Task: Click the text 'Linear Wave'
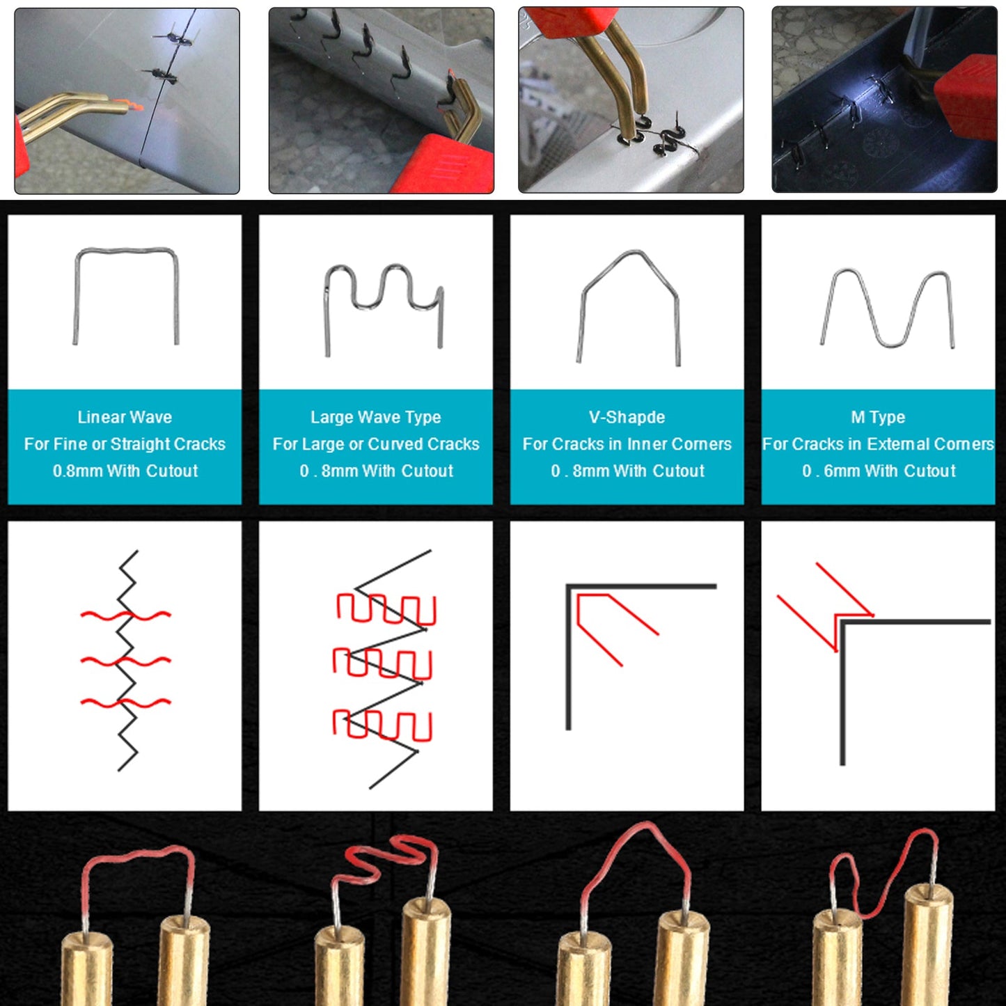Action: [x=125, y=417]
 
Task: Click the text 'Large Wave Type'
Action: [x=376, y=417]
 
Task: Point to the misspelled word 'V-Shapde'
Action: [x=627, y=417]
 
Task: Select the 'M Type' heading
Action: [x=878, y=417]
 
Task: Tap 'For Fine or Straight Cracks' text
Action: [x=125, y=444]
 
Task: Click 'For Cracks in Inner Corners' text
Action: [x=627, y=444]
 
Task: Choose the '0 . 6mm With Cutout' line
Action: [x=879, y=471]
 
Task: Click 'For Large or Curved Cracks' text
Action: [x=376, y=444]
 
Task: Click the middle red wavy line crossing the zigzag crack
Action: [x=125, y=661]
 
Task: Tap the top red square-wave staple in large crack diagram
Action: [x=386, y=608]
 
